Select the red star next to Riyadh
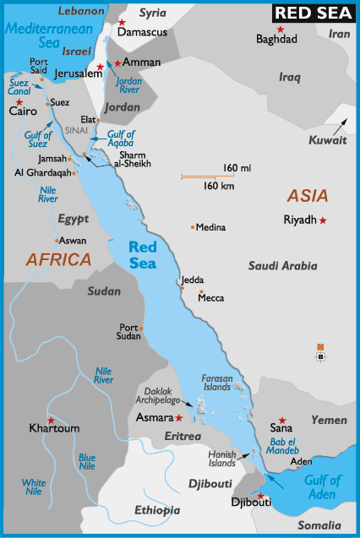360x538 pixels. (323, 220)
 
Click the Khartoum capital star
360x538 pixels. (52, 420)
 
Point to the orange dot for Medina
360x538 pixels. (193, 226)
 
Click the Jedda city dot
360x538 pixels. (182, 287)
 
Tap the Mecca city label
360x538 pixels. (211, 298)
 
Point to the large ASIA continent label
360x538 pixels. (308, 196)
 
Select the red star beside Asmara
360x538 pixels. (179, 417)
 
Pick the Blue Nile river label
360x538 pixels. (87, 460)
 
